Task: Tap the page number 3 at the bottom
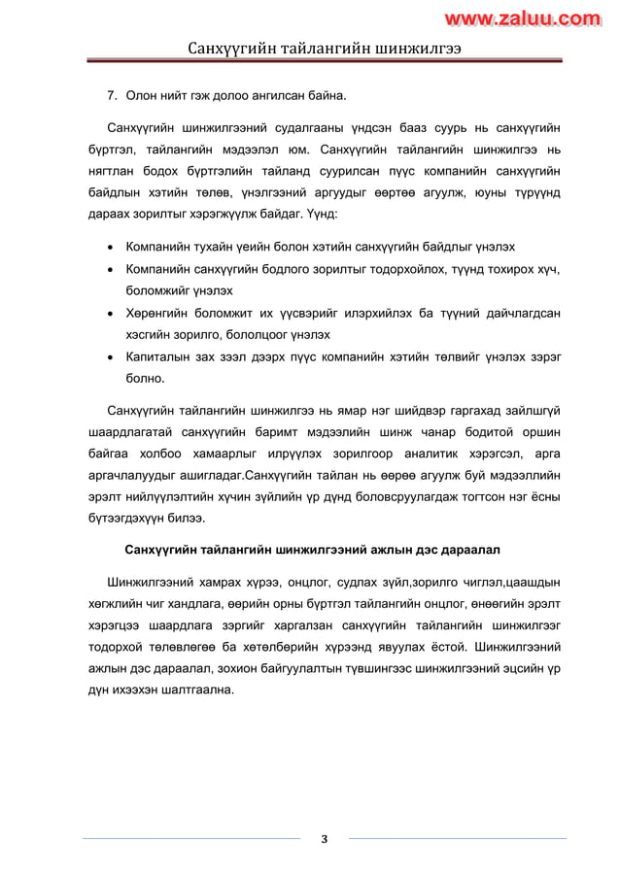click(324, 839)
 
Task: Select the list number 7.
click(112, 95)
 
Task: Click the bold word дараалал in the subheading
click(467, 550)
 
